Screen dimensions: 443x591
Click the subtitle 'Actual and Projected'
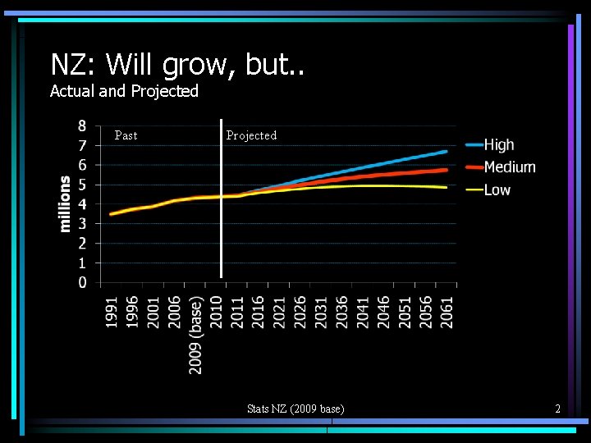(124, 91)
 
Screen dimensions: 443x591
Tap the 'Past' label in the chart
(126, 135)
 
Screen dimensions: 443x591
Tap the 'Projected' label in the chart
(251, 135)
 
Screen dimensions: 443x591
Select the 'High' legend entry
(498, 144)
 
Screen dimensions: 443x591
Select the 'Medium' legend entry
(509, 167)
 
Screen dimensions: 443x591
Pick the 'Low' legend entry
(497, 190)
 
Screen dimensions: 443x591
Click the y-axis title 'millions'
(65, 203)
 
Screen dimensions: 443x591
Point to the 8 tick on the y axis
(83, 126)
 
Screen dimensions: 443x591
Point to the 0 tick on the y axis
(83, 282)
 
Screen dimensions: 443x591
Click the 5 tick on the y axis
(83, 185)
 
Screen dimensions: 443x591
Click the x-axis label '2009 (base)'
(196, 335)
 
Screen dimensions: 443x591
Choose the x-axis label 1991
(112, 313)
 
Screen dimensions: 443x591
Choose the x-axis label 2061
(447, 313)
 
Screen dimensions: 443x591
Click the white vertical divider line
(221, 205)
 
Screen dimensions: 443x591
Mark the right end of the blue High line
(446, 152)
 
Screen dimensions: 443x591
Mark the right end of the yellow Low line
(446, 187)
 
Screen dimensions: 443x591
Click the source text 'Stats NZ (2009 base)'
(295, 409)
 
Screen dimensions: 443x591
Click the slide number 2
(557, 409)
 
